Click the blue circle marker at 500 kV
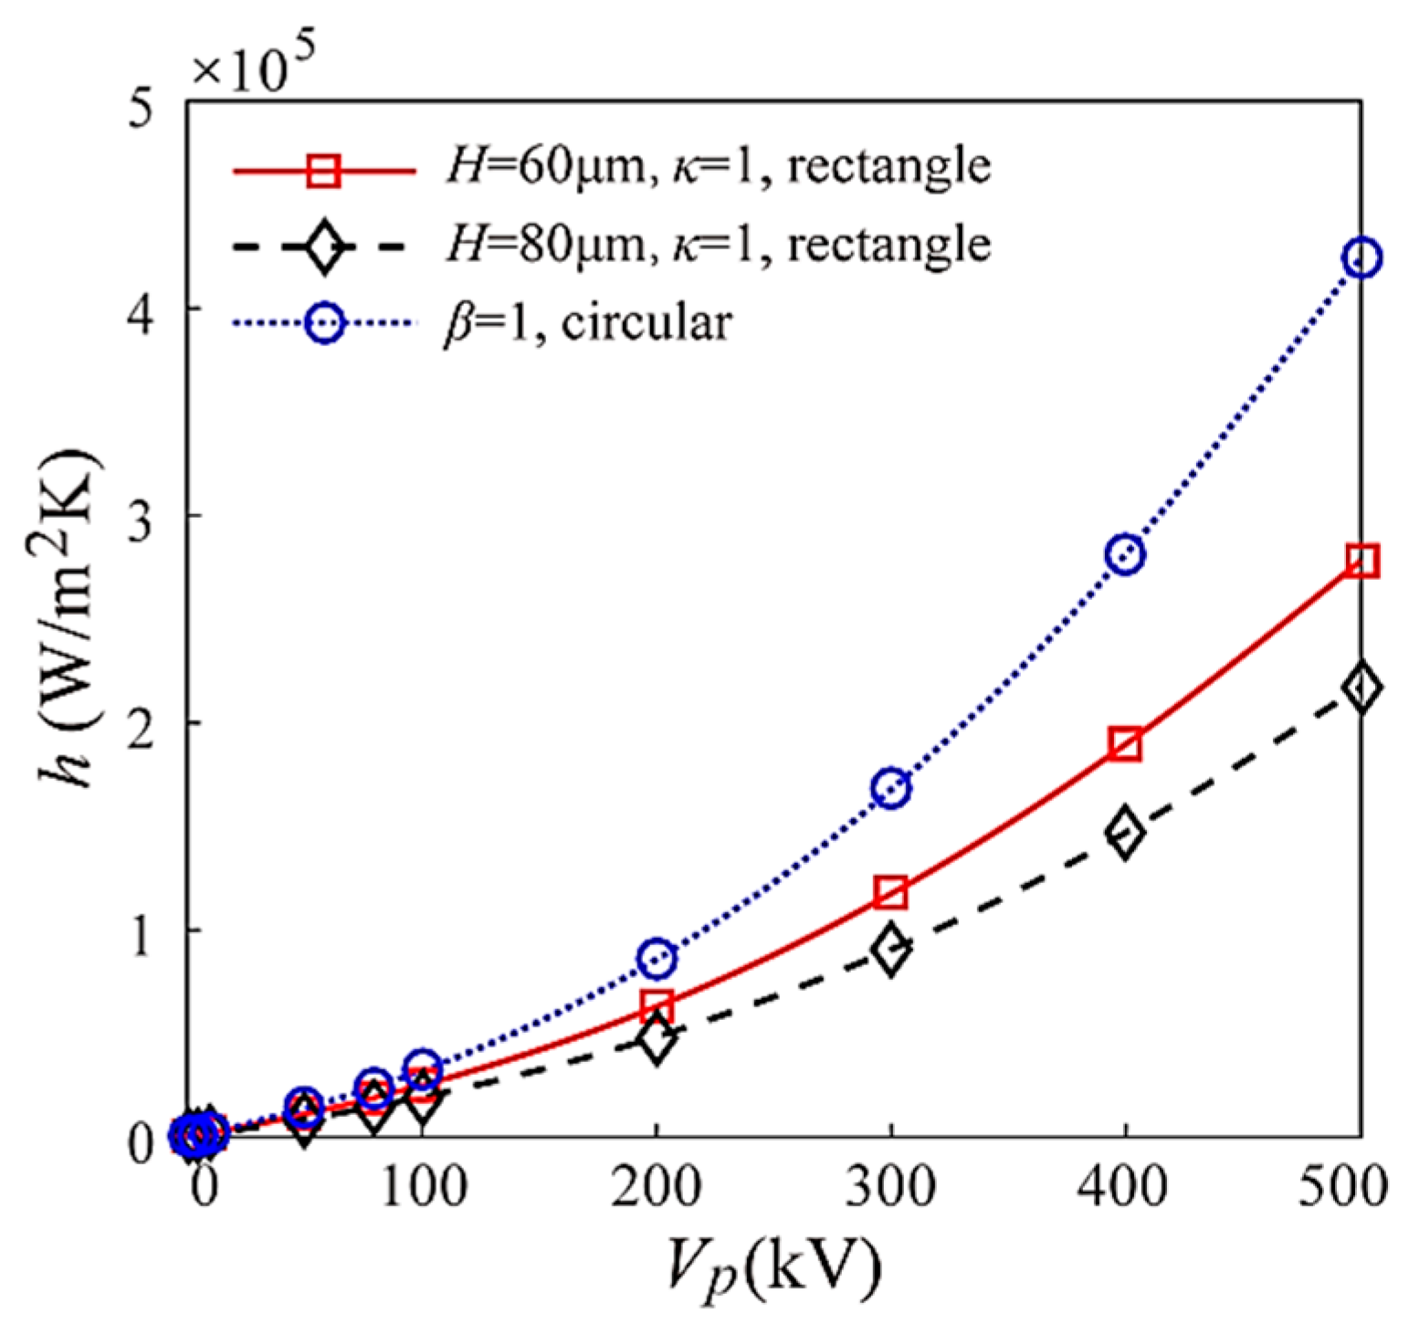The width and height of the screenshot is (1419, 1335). click(x=1361, y=258)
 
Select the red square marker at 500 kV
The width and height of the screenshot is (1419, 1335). click(x=1361, y=561)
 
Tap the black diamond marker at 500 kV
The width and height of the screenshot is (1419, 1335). click(x=1361, y=688)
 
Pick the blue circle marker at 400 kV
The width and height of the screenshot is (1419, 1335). click(x=1125, y=554)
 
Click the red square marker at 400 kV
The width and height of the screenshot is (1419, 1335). click(x=1125, y=745)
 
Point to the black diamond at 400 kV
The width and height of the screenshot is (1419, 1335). click(x=1125, y=832)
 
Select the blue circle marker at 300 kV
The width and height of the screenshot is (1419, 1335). click(x=890, y=788)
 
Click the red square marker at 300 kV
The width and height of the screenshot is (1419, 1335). click(x=890, y=892)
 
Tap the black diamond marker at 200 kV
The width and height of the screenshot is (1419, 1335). click(x=656, y=1039)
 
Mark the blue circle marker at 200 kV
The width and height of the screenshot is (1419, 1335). click(x=656, y=958)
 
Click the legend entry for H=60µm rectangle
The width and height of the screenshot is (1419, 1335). click(x=717, y=167)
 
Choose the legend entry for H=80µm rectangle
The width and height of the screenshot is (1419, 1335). click(x=717, y=245)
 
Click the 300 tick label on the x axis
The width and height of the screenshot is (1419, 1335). click(x=890, y=1188)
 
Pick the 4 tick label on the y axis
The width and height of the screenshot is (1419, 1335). click(x=140, y=309)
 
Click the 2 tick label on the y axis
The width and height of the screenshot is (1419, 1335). click(x=140, y=723)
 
